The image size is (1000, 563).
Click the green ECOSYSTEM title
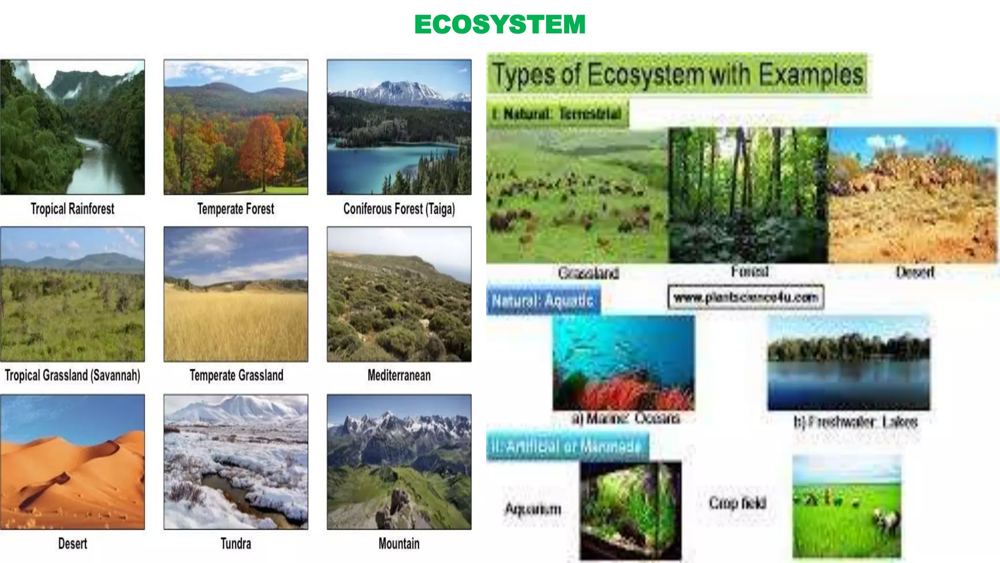500,24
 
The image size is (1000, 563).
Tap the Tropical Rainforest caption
72,209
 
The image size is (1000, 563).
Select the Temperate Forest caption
236,209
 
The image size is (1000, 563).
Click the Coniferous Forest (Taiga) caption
399,209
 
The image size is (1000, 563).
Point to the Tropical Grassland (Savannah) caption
72,375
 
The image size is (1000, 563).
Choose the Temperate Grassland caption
236,375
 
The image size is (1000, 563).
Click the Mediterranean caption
399,375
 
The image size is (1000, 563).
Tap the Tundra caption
236,543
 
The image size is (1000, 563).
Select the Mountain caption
399,543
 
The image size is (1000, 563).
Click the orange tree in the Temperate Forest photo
264,147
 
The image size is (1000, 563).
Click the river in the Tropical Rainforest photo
98,166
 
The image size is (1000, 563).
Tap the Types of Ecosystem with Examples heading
677,74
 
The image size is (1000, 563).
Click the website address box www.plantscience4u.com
746,297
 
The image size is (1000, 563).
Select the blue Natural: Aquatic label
543,300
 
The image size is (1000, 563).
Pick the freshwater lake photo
849,364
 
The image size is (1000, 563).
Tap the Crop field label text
738,503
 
